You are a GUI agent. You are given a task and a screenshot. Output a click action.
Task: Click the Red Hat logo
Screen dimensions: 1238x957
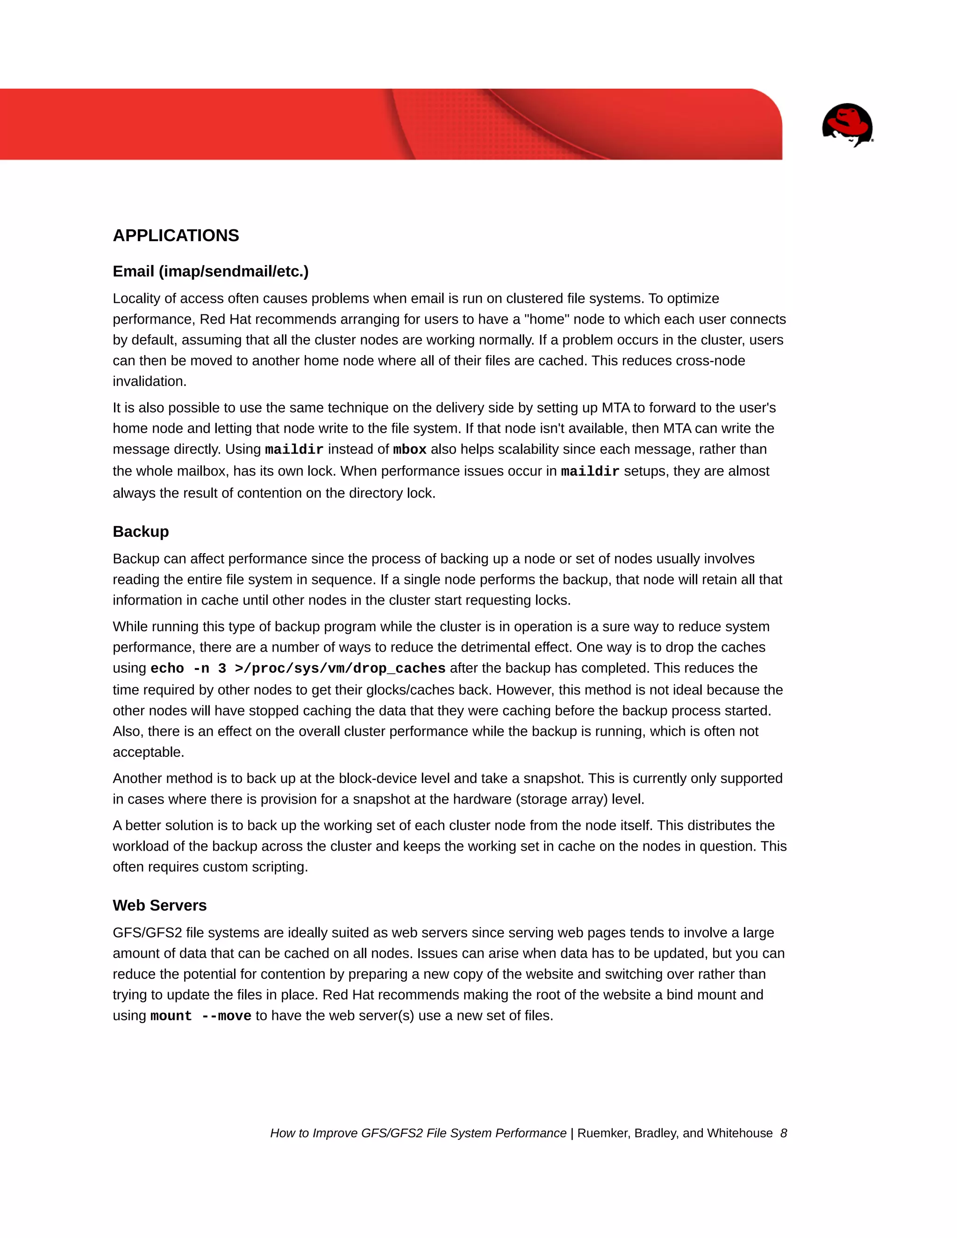pyautogui.click(x=847, y=125)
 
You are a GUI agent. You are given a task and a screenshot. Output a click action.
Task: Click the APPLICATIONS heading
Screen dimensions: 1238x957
pyautogui.click(x=176, y=235)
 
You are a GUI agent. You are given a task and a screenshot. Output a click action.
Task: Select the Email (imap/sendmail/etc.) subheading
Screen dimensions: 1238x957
pyautogui.click(x=210, y=271)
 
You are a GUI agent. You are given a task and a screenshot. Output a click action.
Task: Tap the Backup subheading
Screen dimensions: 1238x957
pyautogui.click(x=141, y=532)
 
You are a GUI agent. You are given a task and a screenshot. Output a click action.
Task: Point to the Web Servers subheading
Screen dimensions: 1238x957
pyautogui.click(x=159, y=905)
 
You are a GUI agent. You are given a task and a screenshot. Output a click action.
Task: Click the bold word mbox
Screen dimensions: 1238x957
pyautogui.click(x=409, y=449)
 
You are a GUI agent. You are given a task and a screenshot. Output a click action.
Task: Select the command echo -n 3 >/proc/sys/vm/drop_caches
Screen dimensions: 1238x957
pyautogui.click(x=298, y=669)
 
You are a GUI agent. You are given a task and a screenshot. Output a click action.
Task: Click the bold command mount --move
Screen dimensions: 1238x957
pyautogui.click(x=200, y=1016)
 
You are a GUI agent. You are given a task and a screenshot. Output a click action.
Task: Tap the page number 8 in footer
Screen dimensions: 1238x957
pyautogui.click(x=784, y=1133)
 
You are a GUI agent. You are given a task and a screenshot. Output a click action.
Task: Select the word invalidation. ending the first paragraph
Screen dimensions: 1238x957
pyautogui.click(x=150, y=382)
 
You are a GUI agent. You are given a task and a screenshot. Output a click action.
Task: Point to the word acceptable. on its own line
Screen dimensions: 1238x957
pyautogui.click(x=149, y=752)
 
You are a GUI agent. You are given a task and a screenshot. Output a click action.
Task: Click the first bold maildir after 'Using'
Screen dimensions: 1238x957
pyautogui.click(x=293, y=449)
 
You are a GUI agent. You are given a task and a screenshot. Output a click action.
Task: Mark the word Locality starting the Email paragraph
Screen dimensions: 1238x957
pyautogui.click(x=136, y=299)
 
